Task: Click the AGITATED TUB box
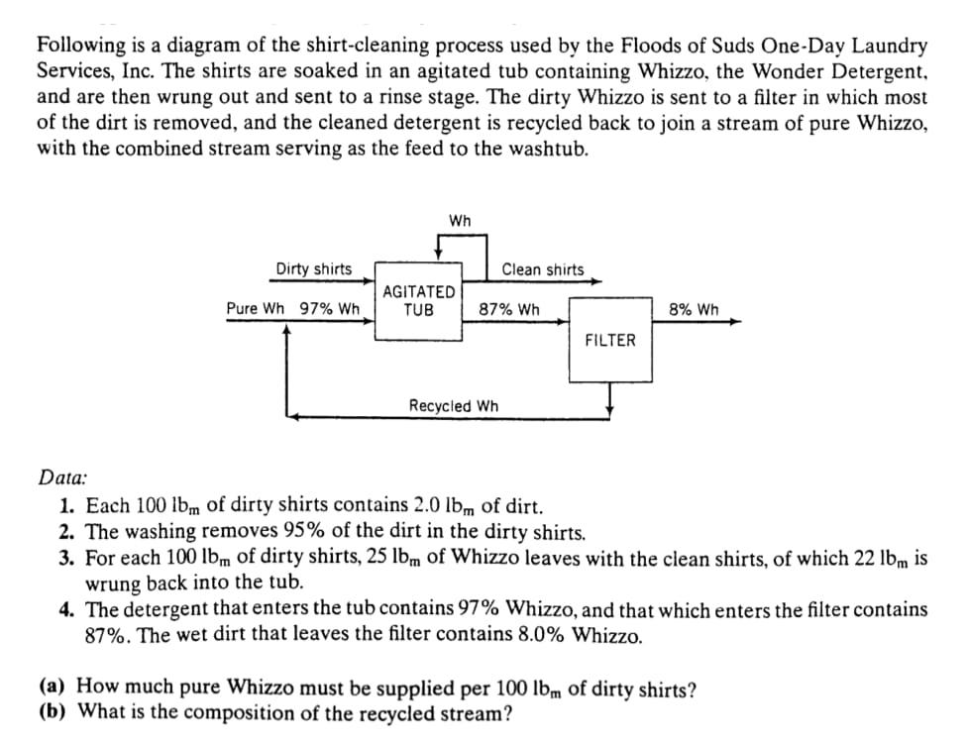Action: (419, 301)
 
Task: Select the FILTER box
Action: (609, 341)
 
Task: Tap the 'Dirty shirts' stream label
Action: (313, 269)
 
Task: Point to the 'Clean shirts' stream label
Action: (543, 269)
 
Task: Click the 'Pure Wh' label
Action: (255, 308)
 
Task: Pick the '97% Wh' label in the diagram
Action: (329, 308)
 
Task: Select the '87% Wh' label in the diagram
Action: (509, 308)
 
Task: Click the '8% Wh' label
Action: (694, 308)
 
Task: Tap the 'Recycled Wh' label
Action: (454, 406)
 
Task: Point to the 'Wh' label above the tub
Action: (460, 219)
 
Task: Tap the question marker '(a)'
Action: (54, 686)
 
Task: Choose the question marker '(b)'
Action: (54, 710)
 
